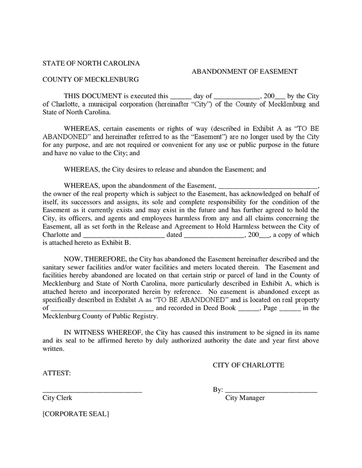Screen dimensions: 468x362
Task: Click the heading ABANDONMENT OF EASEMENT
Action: pos(244,72)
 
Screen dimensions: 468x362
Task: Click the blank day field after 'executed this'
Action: pos(181,97)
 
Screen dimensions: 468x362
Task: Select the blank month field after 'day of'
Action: pos(236,97)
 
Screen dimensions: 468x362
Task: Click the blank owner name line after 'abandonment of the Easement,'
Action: pos(267,186)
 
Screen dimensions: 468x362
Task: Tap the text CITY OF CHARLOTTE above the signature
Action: pos(248,365)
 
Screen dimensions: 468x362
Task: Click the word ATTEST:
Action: pos(56,373)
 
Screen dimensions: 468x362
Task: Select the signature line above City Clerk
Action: pos(92,391)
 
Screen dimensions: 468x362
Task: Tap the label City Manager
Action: pos(245,398)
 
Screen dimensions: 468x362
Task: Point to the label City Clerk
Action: pos(57,398)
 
